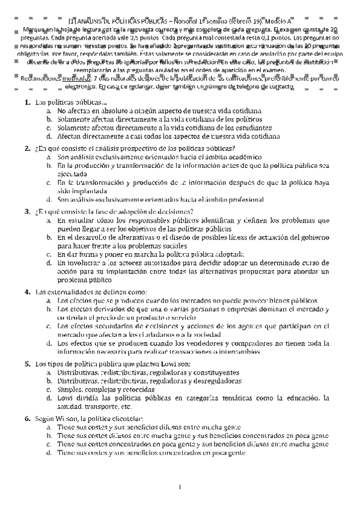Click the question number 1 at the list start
[x=28, y=103]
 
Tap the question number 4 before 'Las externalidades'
[x=28, y=292]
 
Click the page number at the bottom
[x=180, y=486]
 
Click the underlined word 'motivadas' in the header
[x=55, y=79]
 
